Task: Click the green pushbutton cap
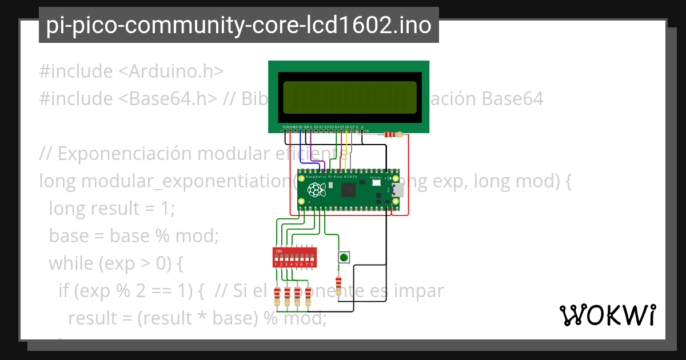tap(344, 258)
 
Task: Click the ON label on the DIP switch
tap(279, 251)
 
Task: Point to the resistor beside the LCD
tap(394, 135)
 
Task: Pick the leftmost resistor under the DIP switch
tap(277, 295)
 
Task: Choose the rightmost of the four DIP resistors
tap(308, 295)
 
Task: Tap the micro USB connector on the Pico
tap(398, 190)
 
